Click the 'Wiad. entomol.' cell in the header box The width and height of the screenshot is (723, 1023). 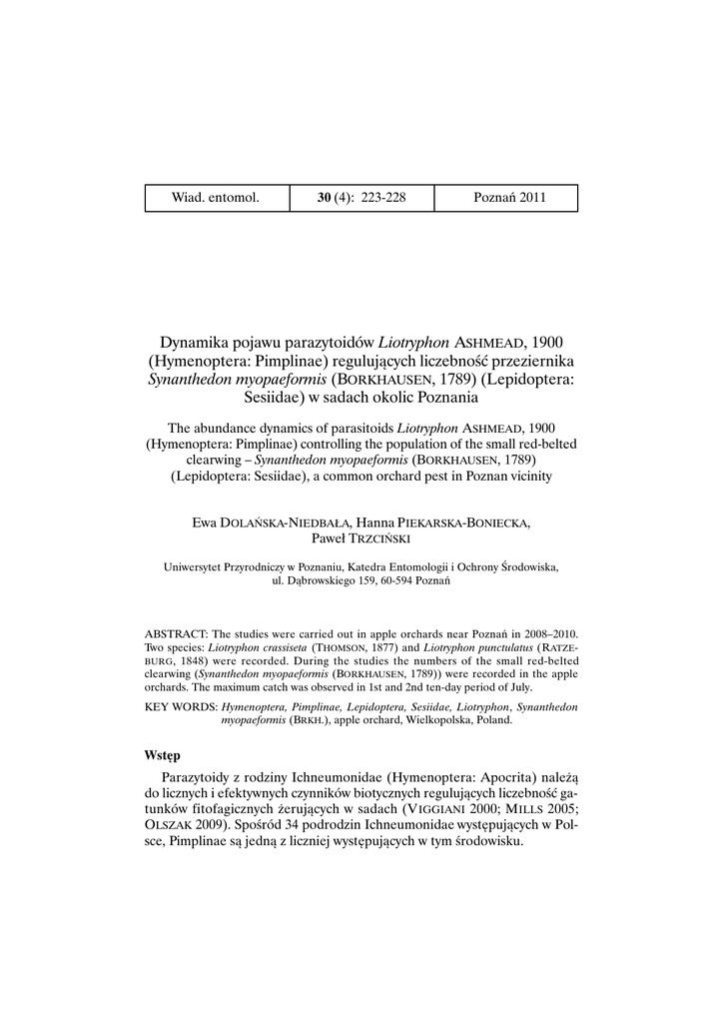click(216, 198)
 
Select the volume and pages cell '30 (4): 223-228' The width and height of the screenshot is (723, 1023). click(361, 198)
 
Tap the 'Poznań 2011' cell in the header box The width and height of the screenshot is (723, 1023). click(509, 198)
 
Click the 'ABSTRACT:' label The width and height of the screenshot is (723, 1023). click(177, 634)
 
